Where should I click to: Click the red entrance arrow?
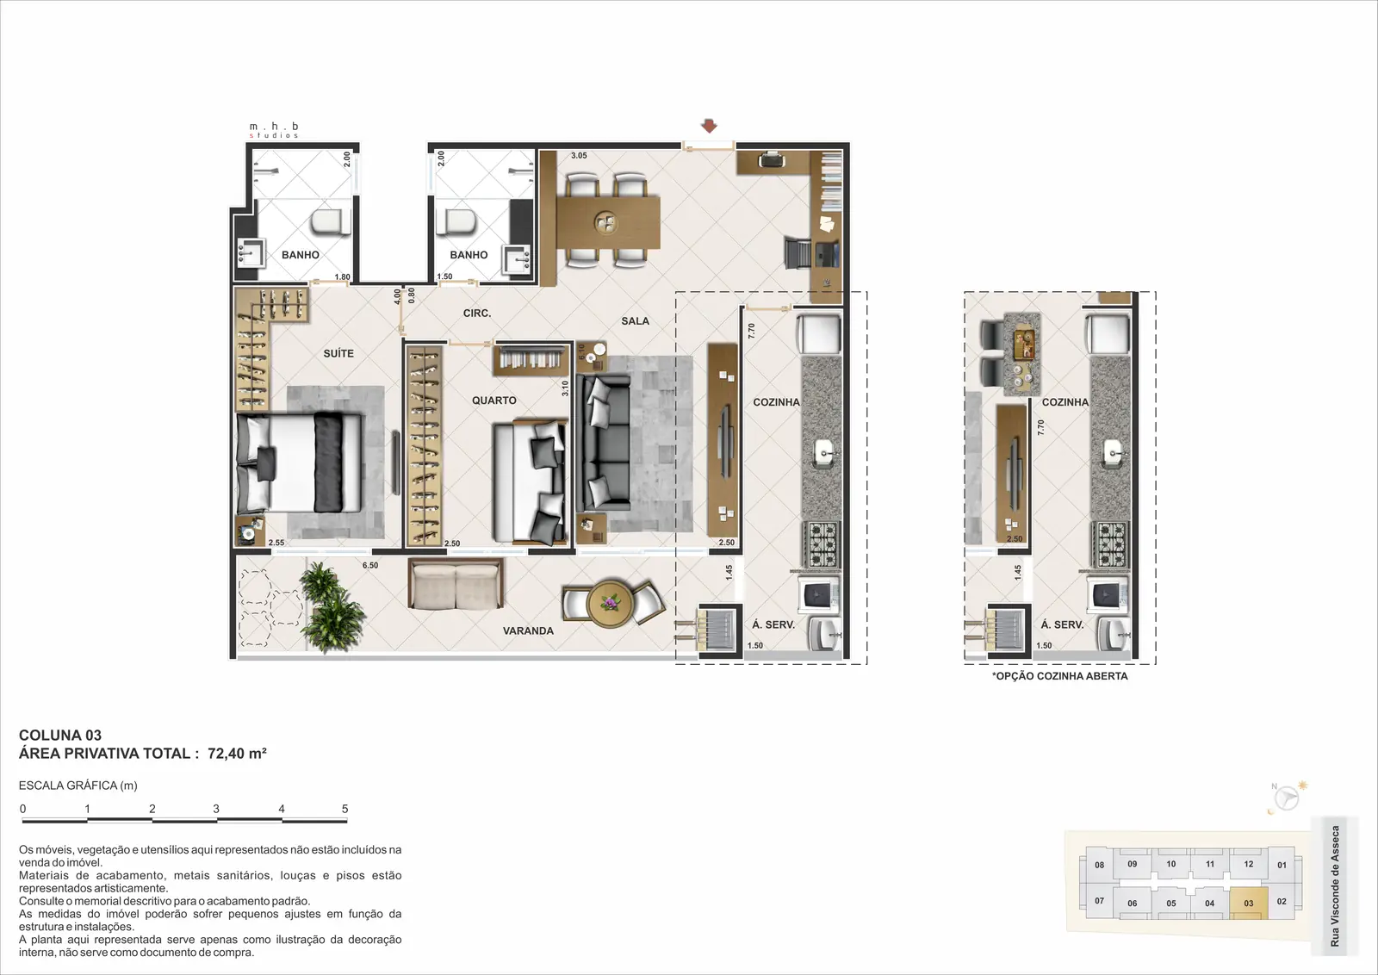[710, 126]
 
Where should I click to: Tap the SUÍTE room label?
[338, 354]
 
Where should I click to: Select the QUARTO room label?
[494, 401]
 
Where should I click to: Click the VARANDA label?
[528, 630]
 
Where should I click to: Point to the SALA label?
[635, 321]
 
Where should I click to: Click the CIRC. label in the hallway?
[477, 314]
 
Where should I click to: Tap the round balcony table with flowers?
[611, 603]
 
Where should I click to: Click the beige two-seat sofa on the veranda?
[456, 584]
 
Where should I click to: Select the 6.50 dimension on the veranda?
[370, 565]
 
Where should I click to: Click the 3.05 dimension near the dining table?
[579, 156]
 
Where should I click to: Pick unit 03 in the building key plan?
[1248, 903]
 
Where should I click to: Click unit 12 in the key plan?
[1248, 864]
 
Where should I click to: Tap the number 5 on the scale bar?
[345, 809]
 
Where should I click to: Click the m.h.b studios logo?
[274, 130]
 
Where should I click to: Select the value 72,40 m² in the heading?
[237, 753]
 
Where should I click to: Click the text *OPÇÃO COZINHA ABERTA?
[1060, 676]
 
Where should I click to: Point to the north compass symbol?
[1286, 799]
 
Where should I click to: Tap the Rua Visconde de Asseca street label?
[1334, 885]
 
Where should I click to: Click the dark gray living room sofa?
[604, 443]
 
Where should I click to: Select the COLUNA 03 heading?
[60, 735]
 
